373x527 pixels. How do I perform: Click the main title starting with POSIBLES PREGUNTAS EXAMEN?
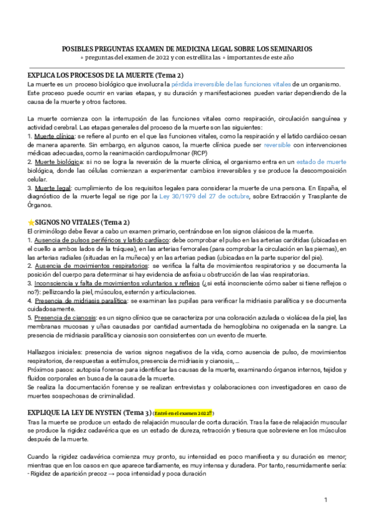[186, 48]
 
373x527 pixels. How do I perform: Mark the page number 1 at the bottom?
[326, 500]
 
